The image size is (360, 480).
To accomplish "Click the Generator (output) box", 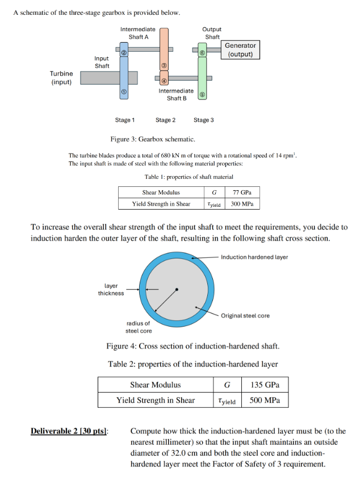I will (x=241, y=50).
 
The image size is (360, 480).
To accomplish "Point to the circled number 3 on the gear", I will (x=164, y=65).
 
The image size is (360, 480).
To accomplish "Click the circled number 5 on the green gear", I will (x=202, y=95).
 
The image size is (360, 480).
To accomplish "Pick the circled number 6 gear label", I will (x=202, y=53).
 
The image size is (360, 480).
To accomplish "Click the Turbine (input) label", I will (x=61, y=78).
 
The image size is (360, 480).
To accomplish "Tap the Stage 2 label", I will (x=165, y=120).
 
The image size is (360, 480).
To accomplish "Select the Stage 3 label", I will (x=204, y=120).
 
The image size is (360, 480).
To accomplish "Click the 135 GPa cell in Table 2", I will (x=265, y=385).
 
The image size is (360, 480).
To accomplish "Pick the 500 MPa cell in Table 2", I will (x=265, y=400).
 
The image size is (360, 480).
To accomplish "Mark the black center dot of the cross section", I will (x=177, y=289).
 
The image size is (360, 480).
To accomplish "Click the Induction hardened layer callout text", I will (x=254, y=257).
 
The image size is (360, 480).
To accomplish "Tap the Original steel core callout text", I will (x=245, y=316).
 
